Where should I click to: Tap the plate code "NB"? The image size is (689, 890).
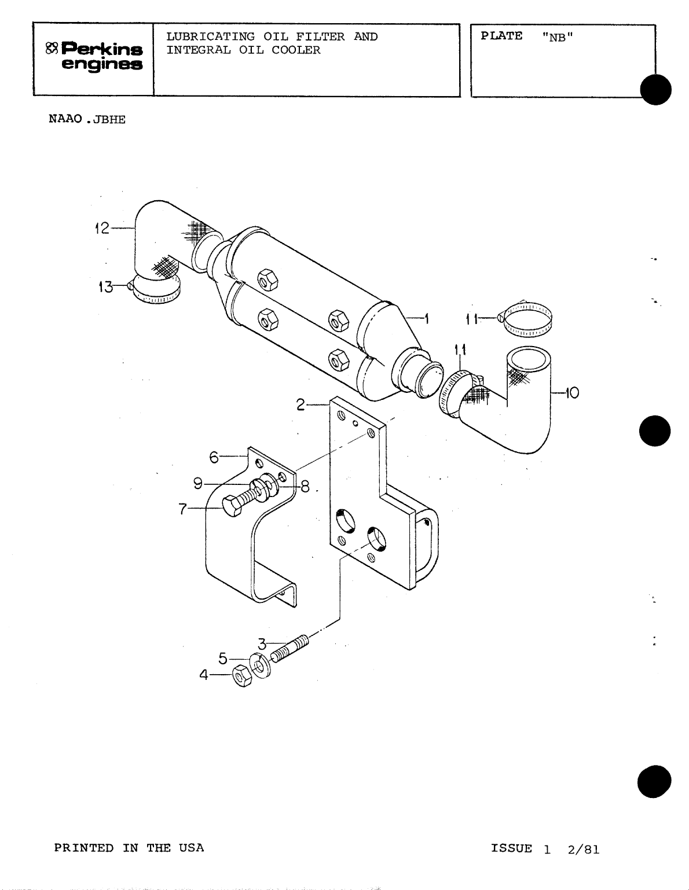(558, 36)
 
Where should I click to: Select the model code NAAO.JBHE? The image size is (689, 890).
(87, 120)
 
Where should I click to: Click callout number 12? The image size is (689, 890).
(101, 229)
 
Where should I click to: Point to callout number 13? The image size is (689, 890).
(105, 286)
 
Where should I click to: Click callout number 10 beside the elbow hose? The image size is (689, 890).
(571, 393)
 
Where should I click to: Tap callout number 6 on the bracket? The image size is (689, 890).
(214, 457)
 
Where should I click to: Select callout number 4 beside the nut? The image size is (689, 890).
(203, 674)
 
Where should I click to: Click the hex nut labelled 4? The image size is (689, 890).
(241, 676)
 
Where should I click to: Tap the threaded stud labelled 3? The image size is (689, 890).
(290, 648)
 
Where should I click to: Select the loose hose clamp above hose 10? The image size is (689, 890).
(527, 321)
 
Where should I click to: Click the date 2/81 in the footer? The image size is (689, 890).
(584, 849)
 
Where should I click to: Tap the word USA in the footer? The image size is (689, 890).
(191, 848)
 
